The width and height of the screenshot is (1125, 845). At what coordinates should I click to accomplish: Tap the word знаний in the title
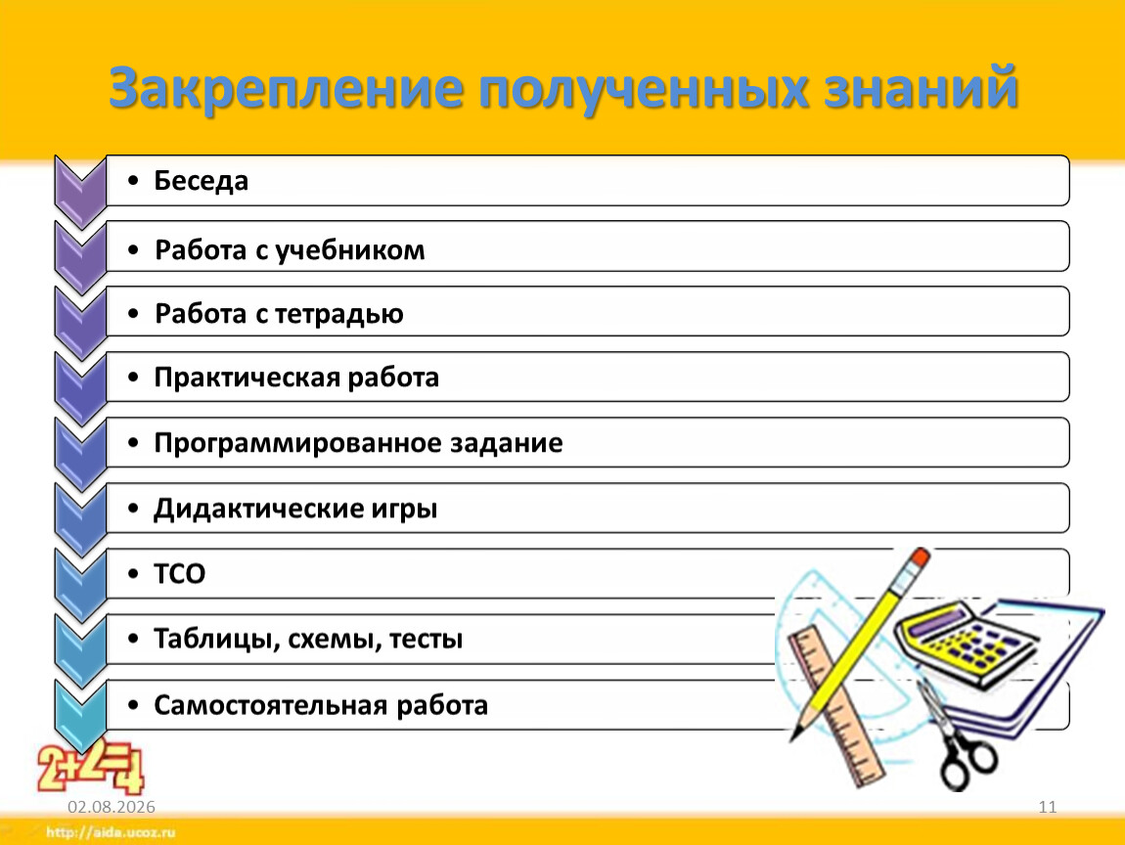point(921,87)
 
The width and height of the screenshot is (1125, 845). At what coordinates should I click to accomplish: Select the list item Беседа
point(201,181)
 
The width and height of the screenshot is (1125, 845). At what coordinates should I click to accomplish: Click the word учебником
point(350,250)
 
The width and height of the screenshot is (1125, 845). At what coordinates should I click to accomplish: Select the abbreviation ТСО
point(179,574)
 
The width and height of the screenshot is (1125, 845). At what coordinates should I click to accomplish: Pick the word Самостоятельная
point(271,705)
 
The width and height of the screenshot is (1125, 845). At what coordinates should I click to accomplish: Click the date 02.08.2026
point(112,807)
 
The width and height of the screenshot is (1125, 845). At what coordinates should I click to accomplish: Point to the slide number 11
point(1048,807)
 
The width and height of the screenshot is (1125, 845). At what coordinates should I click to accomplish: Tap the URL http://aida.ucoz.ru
point(111,833)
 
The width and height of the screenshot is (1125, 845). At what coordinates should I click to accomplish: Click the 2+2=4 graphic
point(90,766)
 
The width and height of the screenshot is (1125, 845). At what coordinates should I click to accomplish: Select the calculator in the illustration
point(965,641)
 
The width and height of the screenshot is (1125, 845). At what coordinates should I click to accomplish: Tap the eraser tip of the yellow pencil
point(919,557)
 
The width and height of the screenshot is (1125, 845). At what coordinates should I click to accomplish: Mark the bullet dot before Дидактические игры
point(133,509)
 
